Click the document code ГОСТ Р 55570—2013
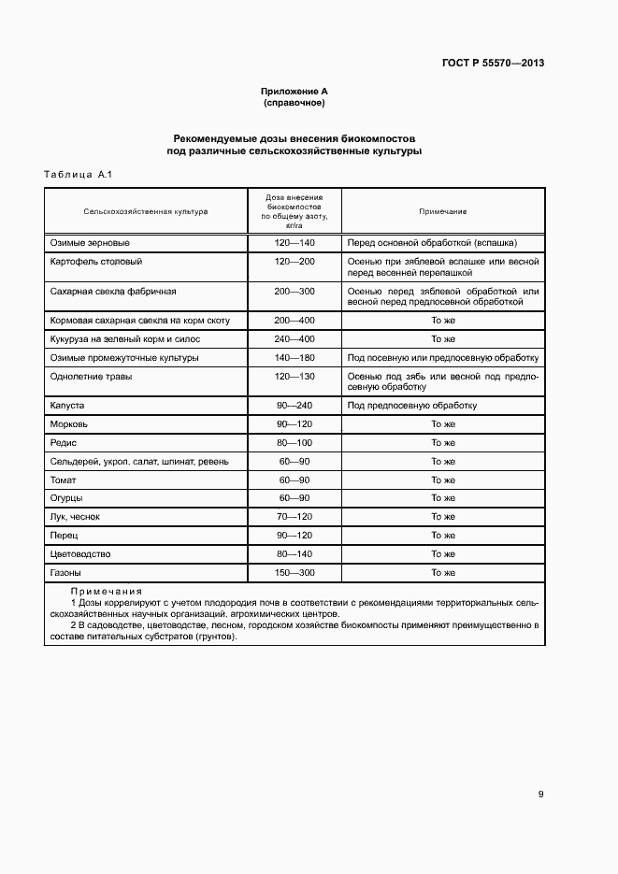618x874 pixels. [x=493, y=64]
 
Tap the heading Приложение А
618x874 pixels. [x=294, y=91]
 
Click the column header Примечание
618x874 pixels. [x=442, y=211]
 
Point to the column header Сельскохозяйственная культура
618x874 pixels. [x=145, y=211]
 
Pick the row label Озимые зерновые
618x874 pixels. [x=83, y=242]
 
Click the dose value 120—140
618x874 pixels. [x=295, y=242]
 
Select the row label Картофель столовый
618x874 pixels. [x=95, y=262]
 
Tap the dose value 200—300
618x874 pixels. [x=295, y=292]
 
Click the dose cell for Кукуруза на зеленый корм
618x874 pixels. [x=295, y=339]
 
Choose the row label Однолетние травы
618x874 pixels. [x=91, y=376]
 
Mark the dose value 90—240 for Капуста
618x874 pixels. [x=295, y=406]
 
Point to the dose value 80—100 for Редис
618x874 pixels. [x=295, y=442]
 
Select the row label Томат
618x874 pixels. [x=63, y=480]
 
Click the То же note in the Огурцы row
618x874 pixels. [x=442, y=498]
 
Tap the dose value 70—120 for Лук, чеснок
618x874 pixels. [x=295, y=517]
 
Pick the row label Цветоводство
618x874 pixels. [x=81, y=553]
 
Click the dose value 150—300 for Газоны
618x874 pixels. [x=295, y=572]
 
